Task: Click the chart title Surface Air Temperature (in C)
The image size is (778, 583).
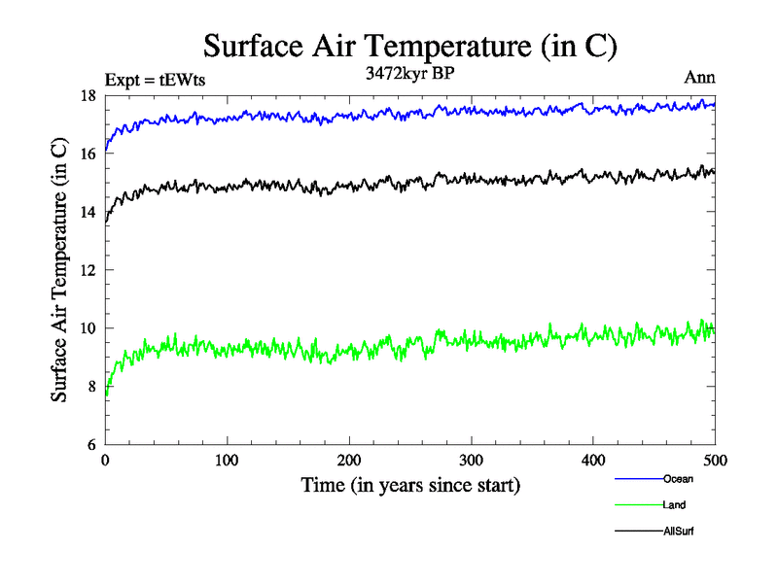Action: [x=409, y=46]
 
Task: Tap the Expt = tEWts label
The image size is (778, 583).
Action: [x=155, y=81]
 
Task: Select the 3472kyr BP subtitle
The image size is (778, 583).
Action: [x=409, y=74]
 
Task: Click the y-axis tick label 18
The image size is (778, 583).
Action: [x=87, y=95]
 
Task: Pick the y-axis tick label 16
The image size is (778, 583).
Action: [x=87, y=154]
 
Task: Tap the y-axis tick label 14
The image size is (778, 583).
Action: [x=87, y=212]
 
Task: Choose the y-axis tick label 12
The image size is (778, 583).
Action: [x=87, y=270]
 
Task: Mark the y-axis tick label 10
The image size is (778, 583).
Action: [x=87, y=328]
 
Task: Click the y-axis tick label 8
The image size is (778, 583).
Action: [x=90, y=387]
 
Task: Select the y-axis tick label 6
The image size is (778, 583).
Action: [x=90, y=445]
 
